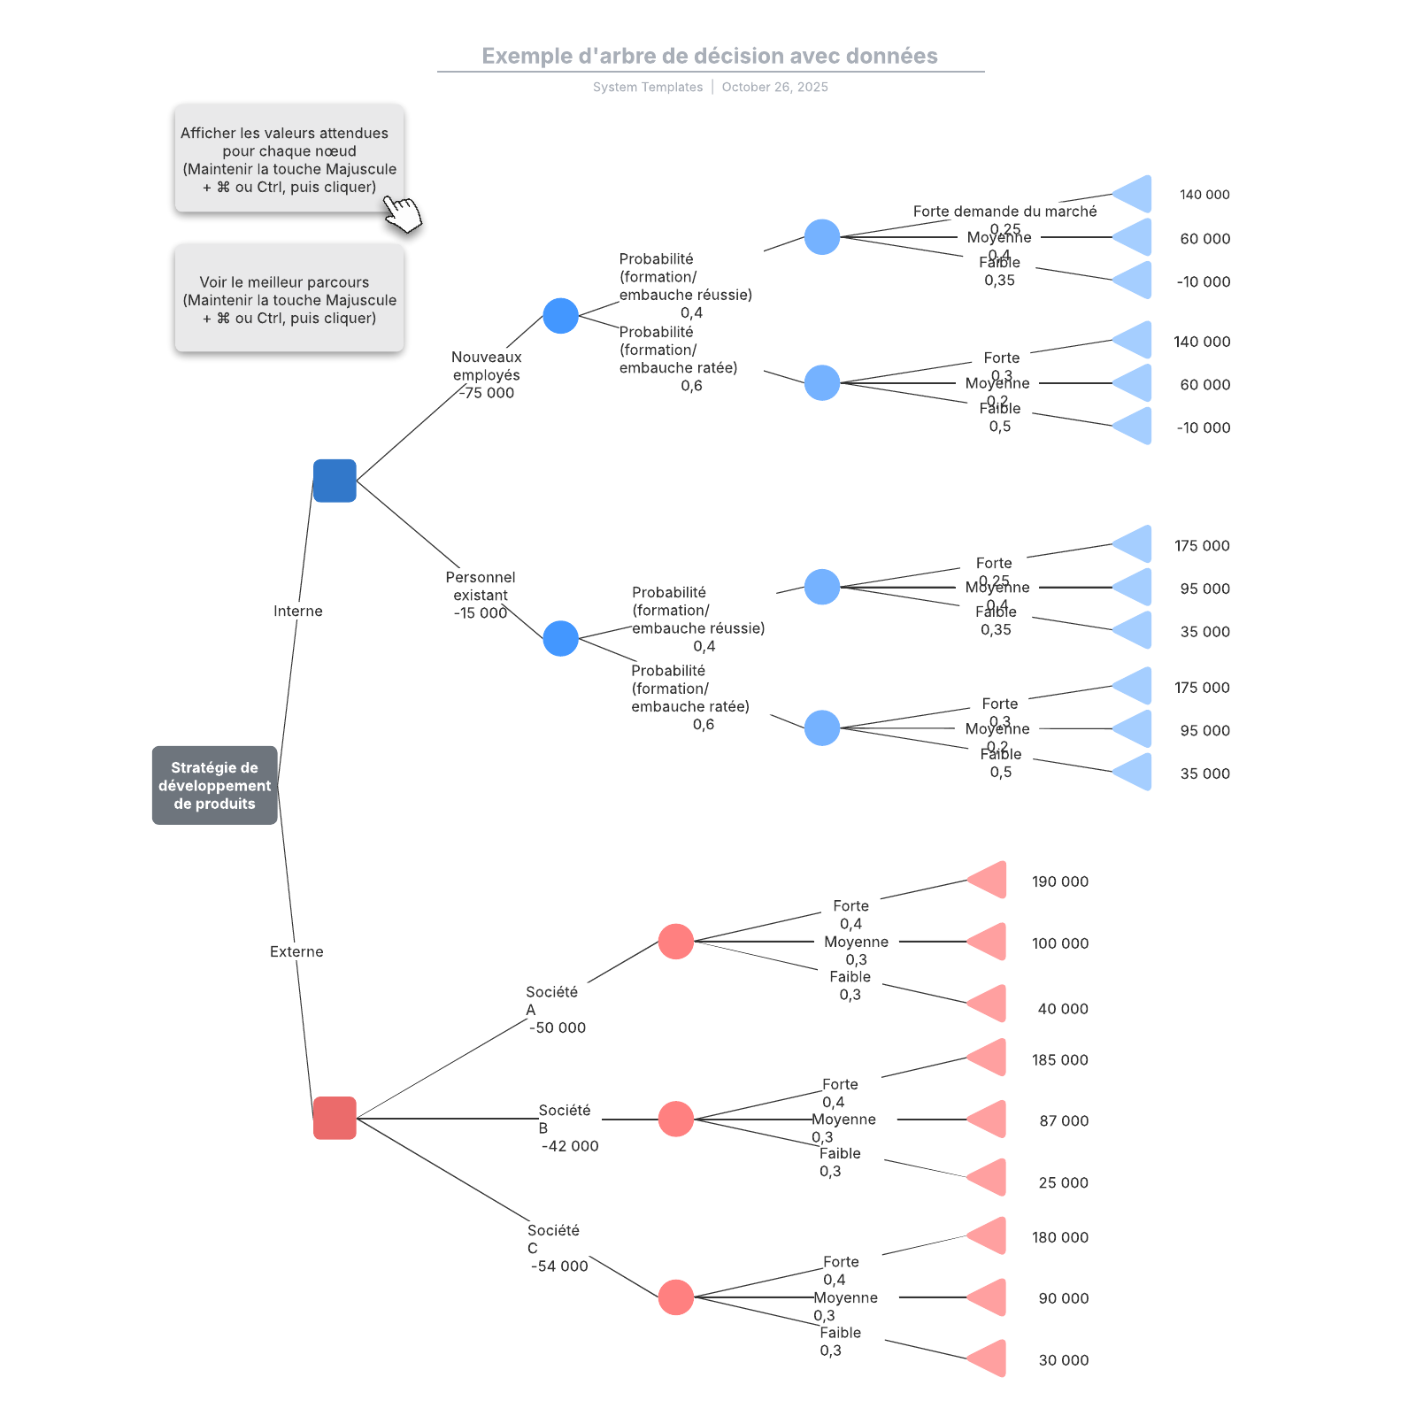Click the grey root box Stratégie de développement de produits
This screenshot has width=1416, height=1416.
pyautogui.click(x=214, y=785)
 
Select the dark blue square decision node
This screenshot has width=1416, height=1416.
pyautogui.click(x=335, y=481)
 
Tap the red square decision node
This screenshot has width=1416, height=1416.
pyautogui.click(x=335, y=1118)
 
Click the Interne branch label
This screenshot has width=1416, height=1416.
pyautogui.click(x=297, y=611)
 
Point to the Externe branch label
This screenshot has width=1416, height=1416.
pyautogui.click(x=296, y=951)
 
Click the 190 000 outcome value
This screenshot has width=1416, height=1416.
pyautogui.click(x=1059, y=881)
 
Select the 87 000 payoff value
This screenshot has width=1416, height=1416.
pyautogui.click(x=1063, y=1120)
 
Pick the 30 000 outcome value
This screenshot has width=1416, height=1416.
pyautogui.click(x=1063, y=1360)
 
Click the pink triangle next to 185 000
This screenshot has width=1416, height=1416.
pyautogui.click(x=989, y=1058)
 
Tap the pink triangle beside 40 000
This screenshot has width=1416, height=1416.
pyautogui.click(x=989, y=1004)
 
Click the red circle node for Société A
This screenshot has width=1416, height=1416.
pyautogui.click(x=675, y=942)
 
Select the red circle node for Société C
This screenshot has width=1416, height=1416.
pyautogui.click(x=675, y=1297)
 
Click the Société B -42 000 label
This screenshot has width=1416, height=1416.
pyautogui.click(x=567, y=1127)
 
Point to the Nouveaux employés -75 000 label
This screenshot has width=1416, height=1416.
pyautogui.click(x=486, y=374)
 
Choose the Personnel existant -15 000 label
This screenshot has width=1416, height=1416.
pyautogui.click(x=480, y=595)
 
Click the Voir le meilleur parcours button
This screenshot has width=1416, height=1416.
pyautogui.click(x=289, y=299)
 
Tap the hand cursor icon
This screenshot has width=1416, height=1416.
pyautogui.click(x=403, y=214)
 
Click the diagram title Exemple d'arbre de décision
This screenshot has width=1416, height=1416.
pyautogui.click(x=709, y=56)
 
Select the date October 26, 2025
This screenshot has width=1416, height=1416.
pyautogui.click(x=774, y=87)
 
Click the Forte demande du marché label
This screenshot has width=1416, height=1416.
pyautogui.click(x=1004, y=212)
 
